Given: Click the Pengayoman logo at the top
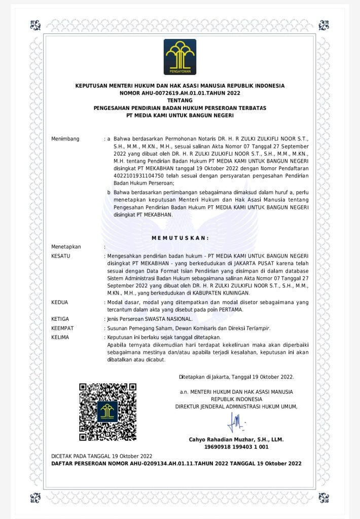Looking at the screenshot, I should pos(179,57).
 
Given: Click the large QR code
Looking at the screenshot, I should pos(107,412).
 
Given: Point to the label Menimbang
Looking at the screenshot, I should pos(65,139).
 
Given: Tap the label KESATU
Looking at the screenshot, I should pos(61,256).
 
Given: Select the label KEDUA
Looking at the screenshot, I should pos(60,303).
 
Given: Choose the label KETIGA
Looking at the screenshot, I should pos(60,319).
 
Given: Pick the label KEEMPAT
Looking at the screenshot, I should pos(62,328).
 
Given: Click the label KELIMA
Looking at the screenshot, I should pos(60,337).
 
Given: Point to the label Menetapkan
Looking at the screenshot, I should pos(66,247).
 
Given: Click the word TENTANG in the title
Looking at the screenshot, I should pos(179,101).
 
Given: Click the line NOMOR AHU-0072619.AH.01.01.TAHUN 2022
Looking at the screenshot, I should pos(179,93).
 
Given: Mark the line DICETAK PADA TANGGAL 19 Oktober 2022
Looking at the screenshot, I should pos(102,456).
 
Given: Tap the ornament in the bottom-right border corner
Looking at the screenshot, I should pos(323,497).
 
